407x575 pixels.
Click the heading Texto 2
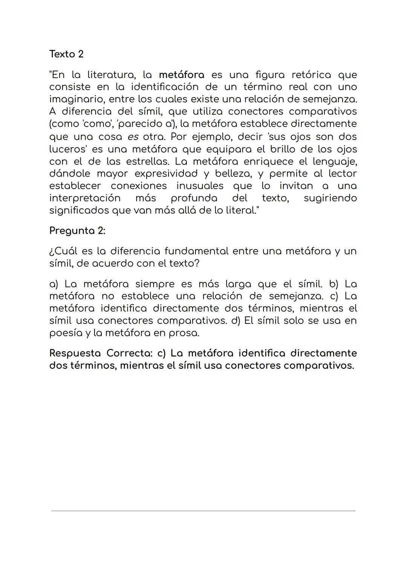point(66,54)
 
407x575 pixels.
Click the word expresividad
point(166,174)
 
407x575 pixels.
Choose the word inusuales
point(200,186)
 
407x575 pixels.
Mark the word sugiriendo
point(330,198)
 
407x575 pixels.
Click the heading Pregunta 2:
point(77,230)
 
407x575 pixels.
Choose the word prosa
point(184,333)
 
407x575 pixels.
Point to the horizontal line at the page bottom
point(203,511)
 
